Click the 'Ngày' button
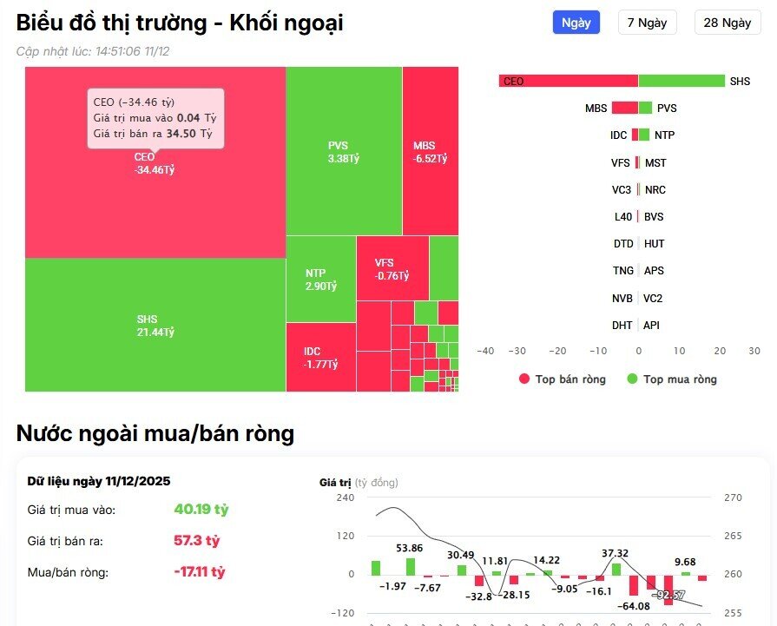(x=576, y=23)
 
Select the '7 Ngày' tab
(x=647, y=23)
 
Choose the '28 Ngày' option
(x=727, y=23)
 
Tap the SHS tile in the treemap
(x=155, y=326)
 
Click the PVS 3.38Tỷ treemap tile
(x=343, y=152)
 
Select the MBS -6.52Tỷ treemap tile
(x=430, y=152)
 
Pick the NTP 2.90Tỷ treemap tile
(x=320, y=279)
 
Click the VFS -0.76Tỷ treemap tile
(x=392, y=269)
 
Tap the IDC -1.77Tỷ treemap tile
(x=320, y=357)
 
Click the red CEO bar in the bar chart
(x=569, y=81)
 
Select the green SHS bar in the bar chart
(x=682, y=81)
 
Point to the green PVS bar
(x=645, y=109)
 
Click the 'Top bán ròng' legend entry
(x=562, y=379)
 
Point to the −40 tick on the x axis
(x=485, y=351)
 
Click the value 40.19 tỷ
(x=201, y=509)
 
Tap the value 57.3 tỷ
(x=196, y=541)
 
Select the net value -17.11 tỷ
(x=199, y=572)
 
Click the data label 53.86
(x=409, y=548)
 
